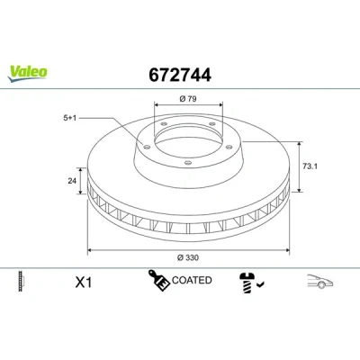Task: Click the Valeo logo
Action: (27, 74)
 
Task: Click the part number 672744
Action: (180, 75)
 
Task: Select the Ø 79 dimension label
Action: (188, 98)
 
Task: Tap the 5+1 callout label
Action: (70, 118)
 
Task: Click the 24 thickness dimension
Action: (72, 181)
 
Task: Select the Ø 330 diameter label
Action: (188, 257)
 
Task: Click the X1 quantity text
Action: (83, 283)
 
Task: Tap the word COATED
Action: (192, 280)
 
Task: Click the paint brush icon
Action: (158, 280)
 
